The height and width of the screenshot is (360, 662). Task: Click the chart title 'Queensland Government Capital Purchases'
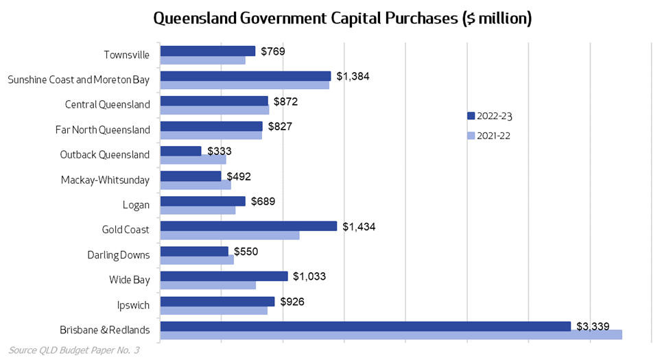[342, 18]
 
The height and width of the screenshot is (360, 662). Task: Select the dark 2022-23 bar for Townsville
[207, 51]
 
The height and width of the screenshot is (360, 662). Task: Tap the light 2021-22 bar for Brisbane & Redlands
[390, 335]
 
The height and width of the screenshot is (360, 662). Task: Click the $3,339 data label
[593, 326]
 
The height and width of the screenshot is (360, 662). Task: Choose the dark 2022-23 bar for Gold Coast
[248, 226]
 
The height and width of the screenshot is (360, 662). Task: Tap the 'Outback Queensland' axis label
[105, 155]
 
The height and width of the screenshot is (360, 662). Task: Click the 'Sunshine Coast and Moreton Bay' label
[78, 80]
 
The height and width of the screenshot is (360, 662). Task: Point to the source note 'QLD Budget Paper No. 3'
[74, 350]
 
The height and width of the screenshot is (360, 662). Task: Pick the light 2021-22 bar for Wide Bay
[208, 285]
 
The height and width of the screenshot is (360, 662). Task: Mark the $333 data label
[220, 151]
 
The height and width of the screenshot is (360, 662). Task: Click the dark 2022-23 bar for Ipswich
[217, 302]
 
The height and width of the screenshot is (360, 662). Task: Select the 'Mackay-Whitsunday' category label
[105, 180]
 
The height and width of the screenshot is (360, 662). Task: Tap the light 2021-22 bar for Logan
[198, 210]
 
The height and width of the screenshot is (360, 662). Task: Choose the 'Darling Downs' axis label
[118, 255]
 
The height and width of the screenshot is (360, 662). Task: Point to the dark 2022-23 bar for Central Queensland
[213, 101]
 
